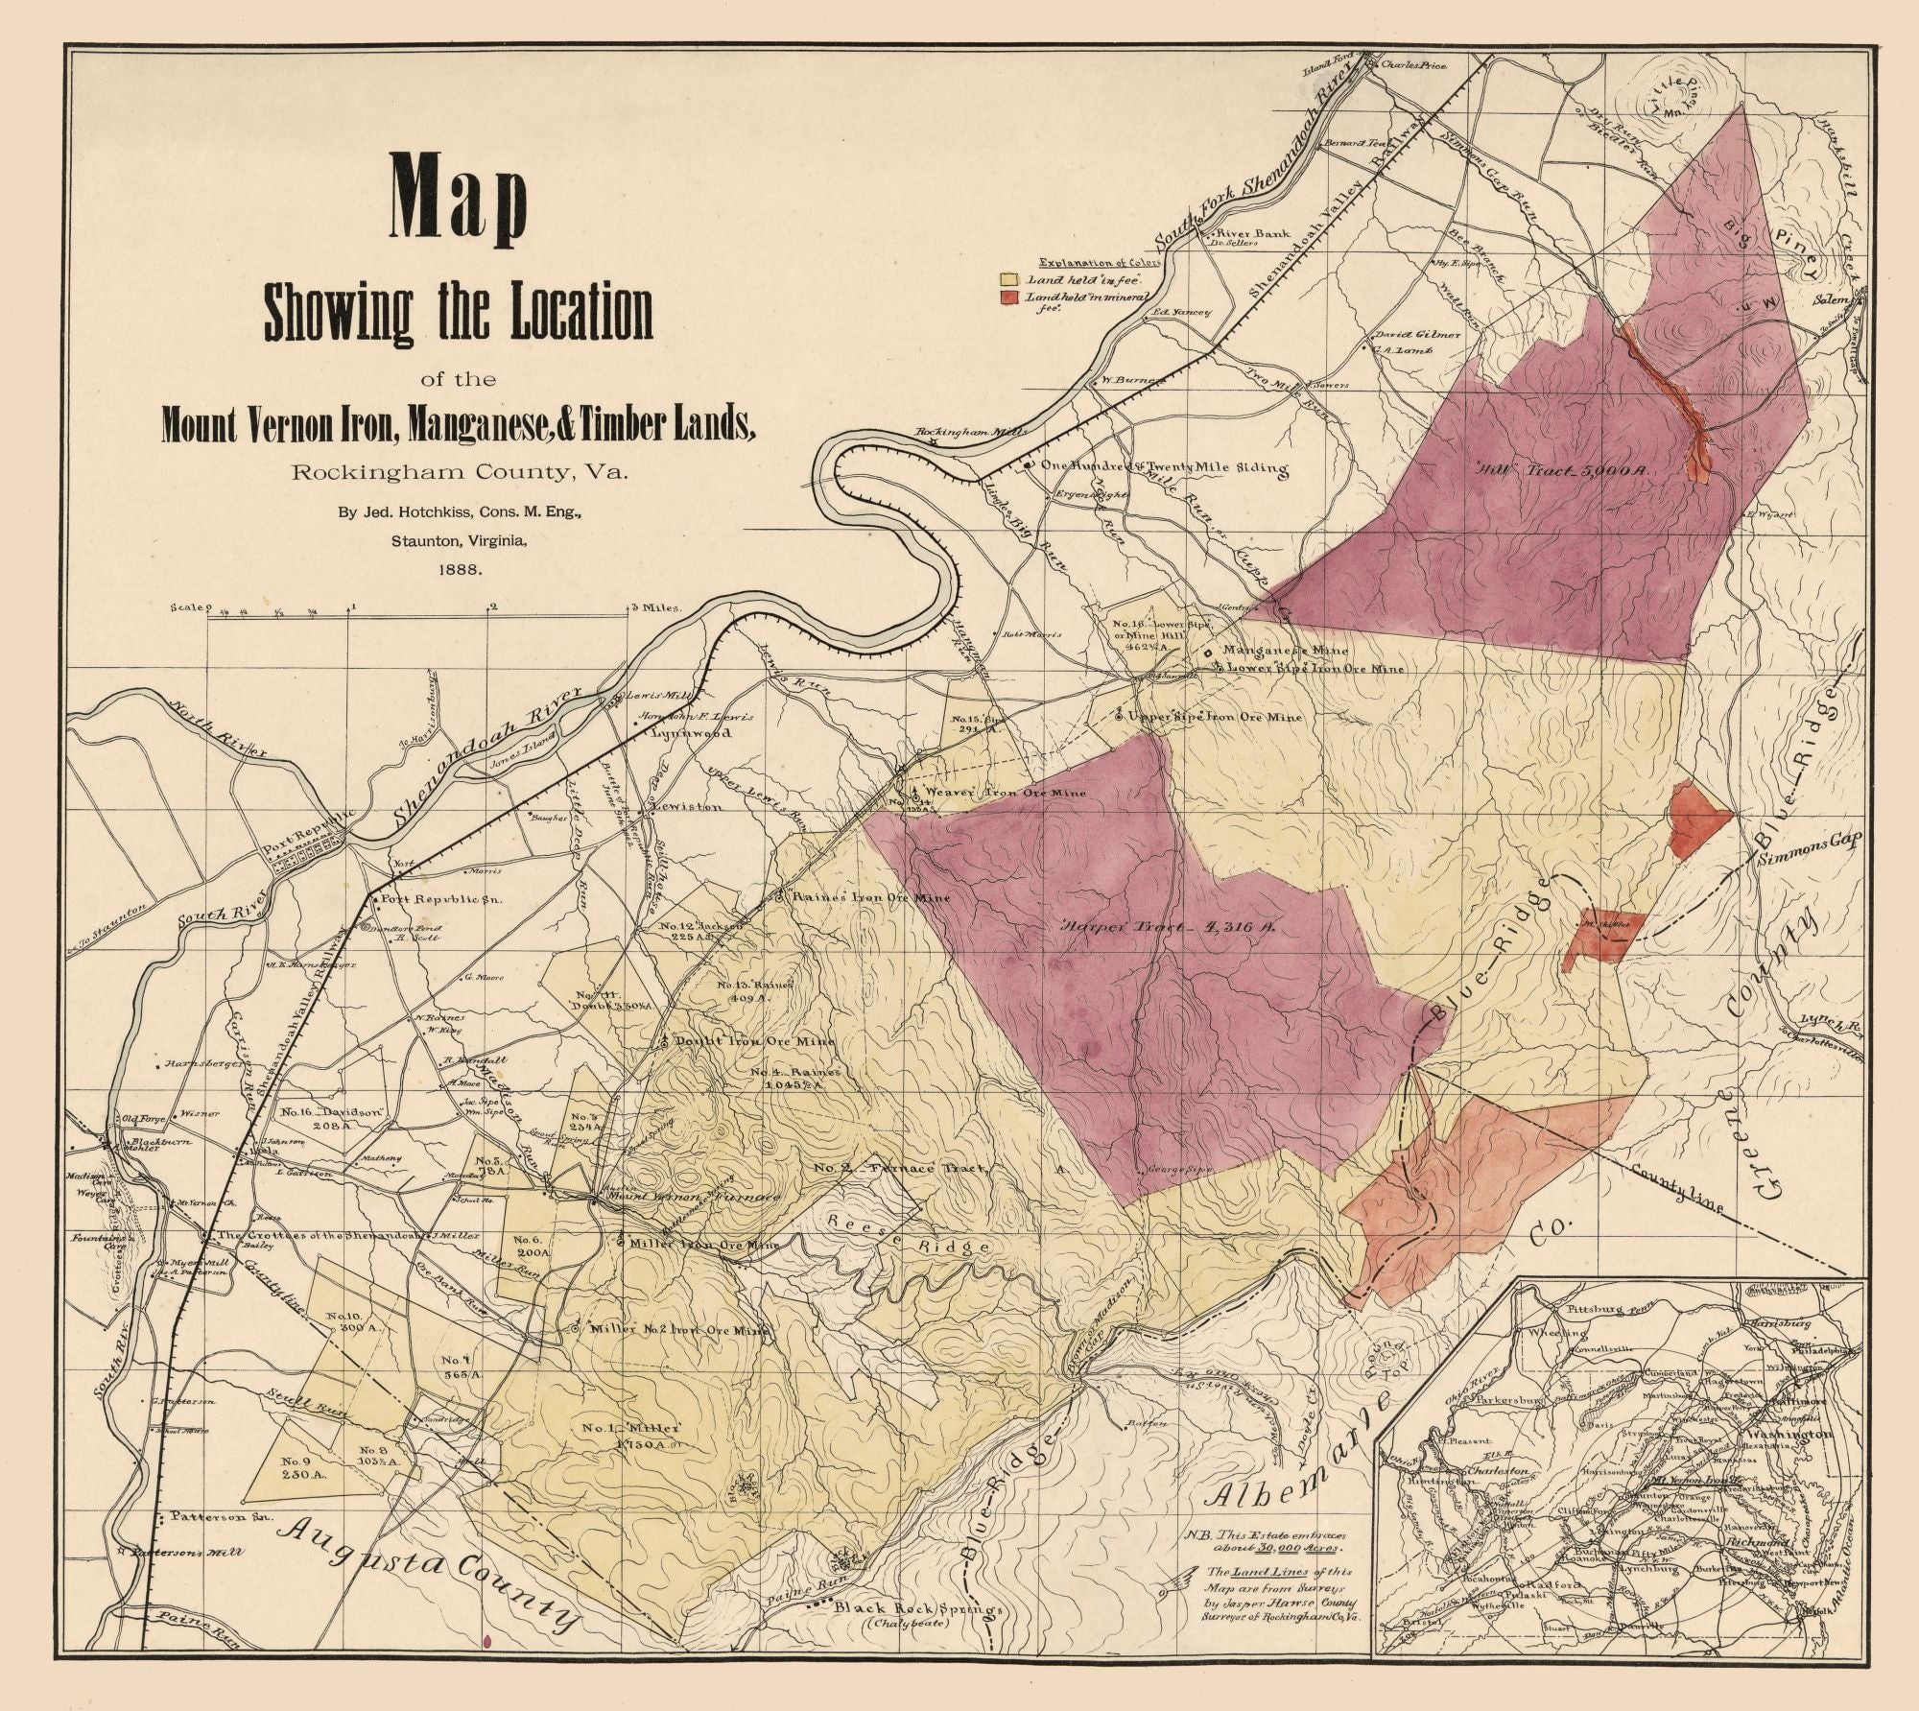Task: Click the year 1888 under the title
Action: (x=459, y=568)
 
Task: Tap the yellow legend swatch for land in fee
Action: (x=1007, y=279)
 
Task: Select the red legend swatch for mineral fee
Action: (x=1007, y=299)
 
